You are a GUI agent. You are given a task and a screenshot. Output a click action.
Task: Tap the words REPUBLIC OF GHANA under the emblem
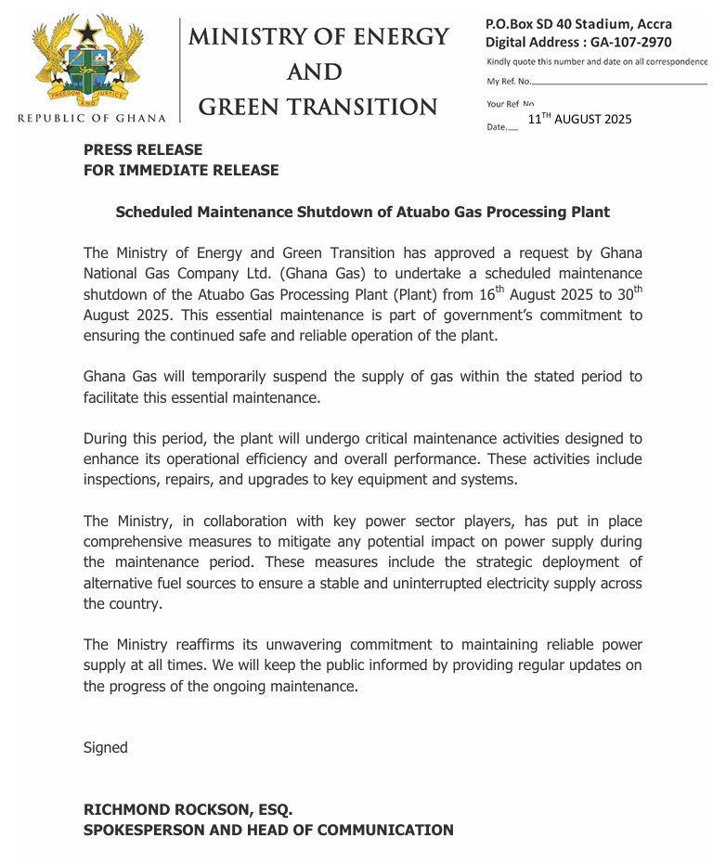92,118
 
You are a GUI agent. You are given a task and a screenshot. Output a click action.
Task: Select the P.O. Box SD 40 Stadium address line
579,24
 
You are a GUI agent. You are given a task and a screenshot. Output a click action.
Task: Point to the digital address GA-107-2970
637,42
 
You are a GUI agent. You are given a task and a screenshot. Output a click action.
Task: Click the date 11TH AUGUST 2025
579,119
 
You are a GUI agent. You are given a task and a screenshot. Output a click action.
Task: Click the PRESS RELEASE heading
143,149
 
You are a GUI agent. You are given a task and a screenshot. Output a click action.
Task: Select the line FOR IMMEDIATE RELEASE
181,170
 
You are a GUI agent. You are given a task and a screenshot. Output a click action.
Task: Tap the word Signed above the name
106,747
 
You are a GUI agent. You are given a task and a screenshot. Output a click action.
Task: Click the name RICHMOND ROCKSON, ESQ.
188,809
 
